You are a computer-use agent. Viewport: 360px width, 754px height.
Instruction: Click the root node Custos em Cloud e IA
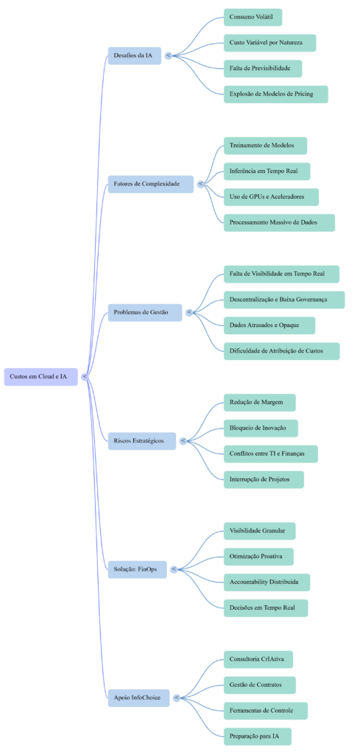[40, 376]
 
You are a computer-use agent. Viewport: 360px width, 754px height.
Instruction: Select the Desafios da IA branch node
[134, 55]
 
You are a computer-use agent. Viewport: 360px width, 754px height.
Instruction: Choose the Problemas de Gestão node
[144, 312]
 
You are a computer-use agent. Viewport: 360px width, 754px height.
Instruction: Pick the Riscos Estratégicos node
[141, 440]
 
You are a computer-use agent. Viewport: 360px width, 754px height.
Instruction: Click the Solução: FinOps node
[137, 569]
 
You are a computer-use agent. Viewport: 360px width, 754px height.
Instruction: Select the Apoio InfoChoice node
[138, 697]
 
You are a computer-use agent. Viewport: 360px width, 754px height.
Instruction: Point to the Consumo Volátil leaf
[253, 16]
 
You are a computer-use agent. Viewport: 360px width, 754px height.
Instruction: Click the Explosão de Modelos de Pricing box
[275, 94]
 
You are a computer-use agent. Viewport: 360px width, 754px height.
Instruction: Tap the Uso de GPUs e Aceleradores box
[271, 197]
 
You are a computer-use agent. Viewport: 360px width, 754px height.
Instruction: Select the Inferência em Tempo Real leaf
[267, 171]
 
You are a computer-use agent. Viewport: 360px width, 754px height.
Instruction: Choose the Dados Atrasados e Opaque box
[269, 325]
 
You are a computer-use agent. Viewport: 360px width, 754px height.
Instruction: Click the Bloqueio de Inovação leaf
[260, 428]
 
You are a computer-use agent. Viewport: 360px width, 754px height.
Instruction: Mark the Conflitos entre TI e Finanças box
[270, 454]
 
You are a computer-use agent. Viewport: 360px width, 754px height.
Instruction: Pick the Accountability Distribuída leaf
[266, 582]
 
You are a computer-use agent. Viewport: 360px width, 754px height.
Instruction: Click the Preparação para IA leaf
[258, 736]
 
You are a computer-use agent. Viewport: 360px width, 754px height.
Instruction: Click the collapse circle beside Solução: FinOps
[174, 569]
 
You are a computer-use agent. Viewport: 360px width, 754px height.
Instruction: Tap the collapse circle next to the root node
[85, 376]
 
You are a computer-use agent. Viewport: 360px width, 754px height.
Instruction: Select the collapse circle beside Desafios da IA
[169, 55]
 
